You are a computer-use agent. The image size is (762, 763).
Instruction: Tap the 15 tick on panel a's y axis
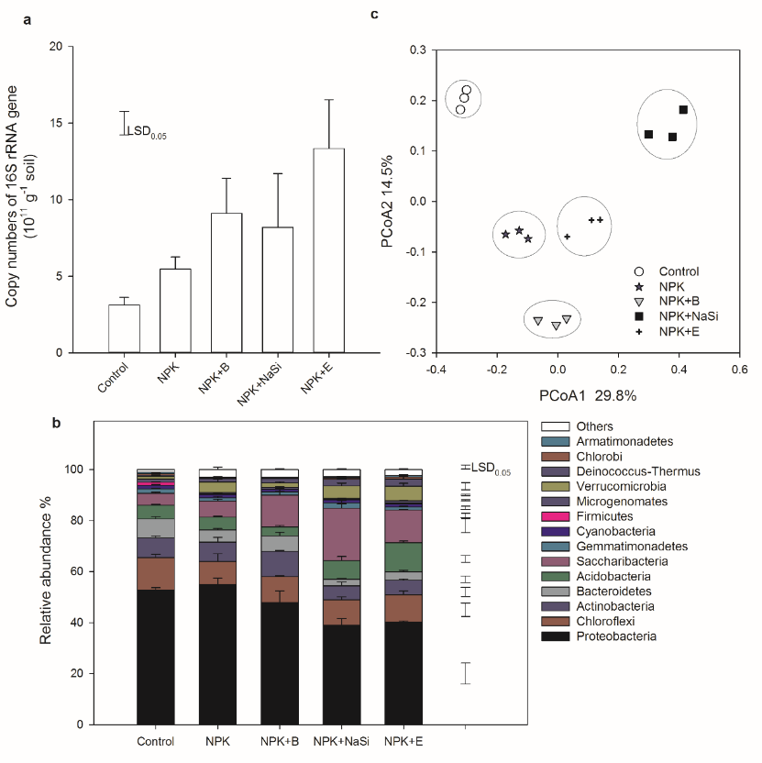coord(58,124)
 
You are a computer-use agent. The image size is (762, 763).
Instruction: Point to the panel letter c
coord(374,15)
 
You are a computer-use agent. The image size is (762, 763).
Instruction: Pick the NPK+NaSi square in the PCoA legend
coord(639,315)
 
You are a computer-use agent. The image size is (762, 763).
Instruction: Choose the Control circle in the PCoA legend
coord(639,271)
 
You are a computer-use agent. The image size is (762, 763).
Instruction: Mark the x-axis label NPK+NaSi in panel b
coord(339,741)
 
